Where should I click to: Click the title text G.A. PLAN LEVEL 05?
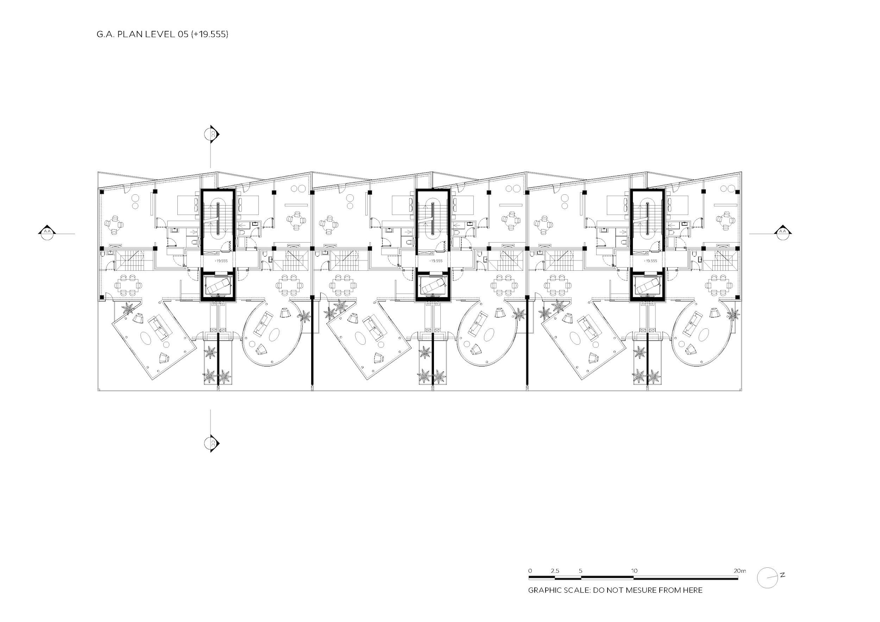(x=142, y=34)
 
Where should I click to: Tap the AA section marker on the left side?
(x=47, y=232)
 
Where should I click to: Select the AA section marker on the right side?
(x=782, y=232)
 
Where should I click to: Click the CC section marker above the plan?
(x=212, y=134)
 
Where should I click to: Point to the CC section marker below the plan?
(x=212, y=444)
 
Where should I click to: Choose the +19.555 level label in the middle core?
(x=436, y=260)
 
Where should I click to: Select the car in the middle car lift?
(x=433, y=285)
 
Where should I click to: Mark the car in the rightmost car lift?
(x=647, y=285)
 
